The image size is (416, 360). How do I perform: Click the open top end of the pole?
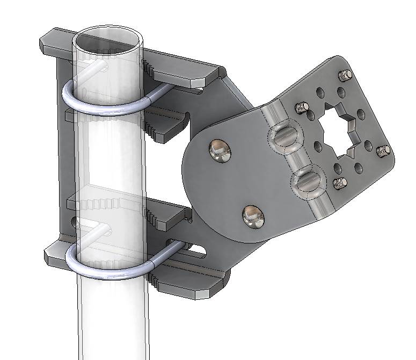[x=107, y=40]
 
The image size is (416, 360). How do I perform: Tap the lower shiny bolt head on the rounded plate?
[x=253, y=215]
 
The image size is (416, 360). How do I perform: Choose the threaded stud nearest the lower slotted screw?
[x=340, y=184]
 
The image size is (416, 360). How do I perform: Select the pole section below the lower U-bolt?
[x=110, y=322]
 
